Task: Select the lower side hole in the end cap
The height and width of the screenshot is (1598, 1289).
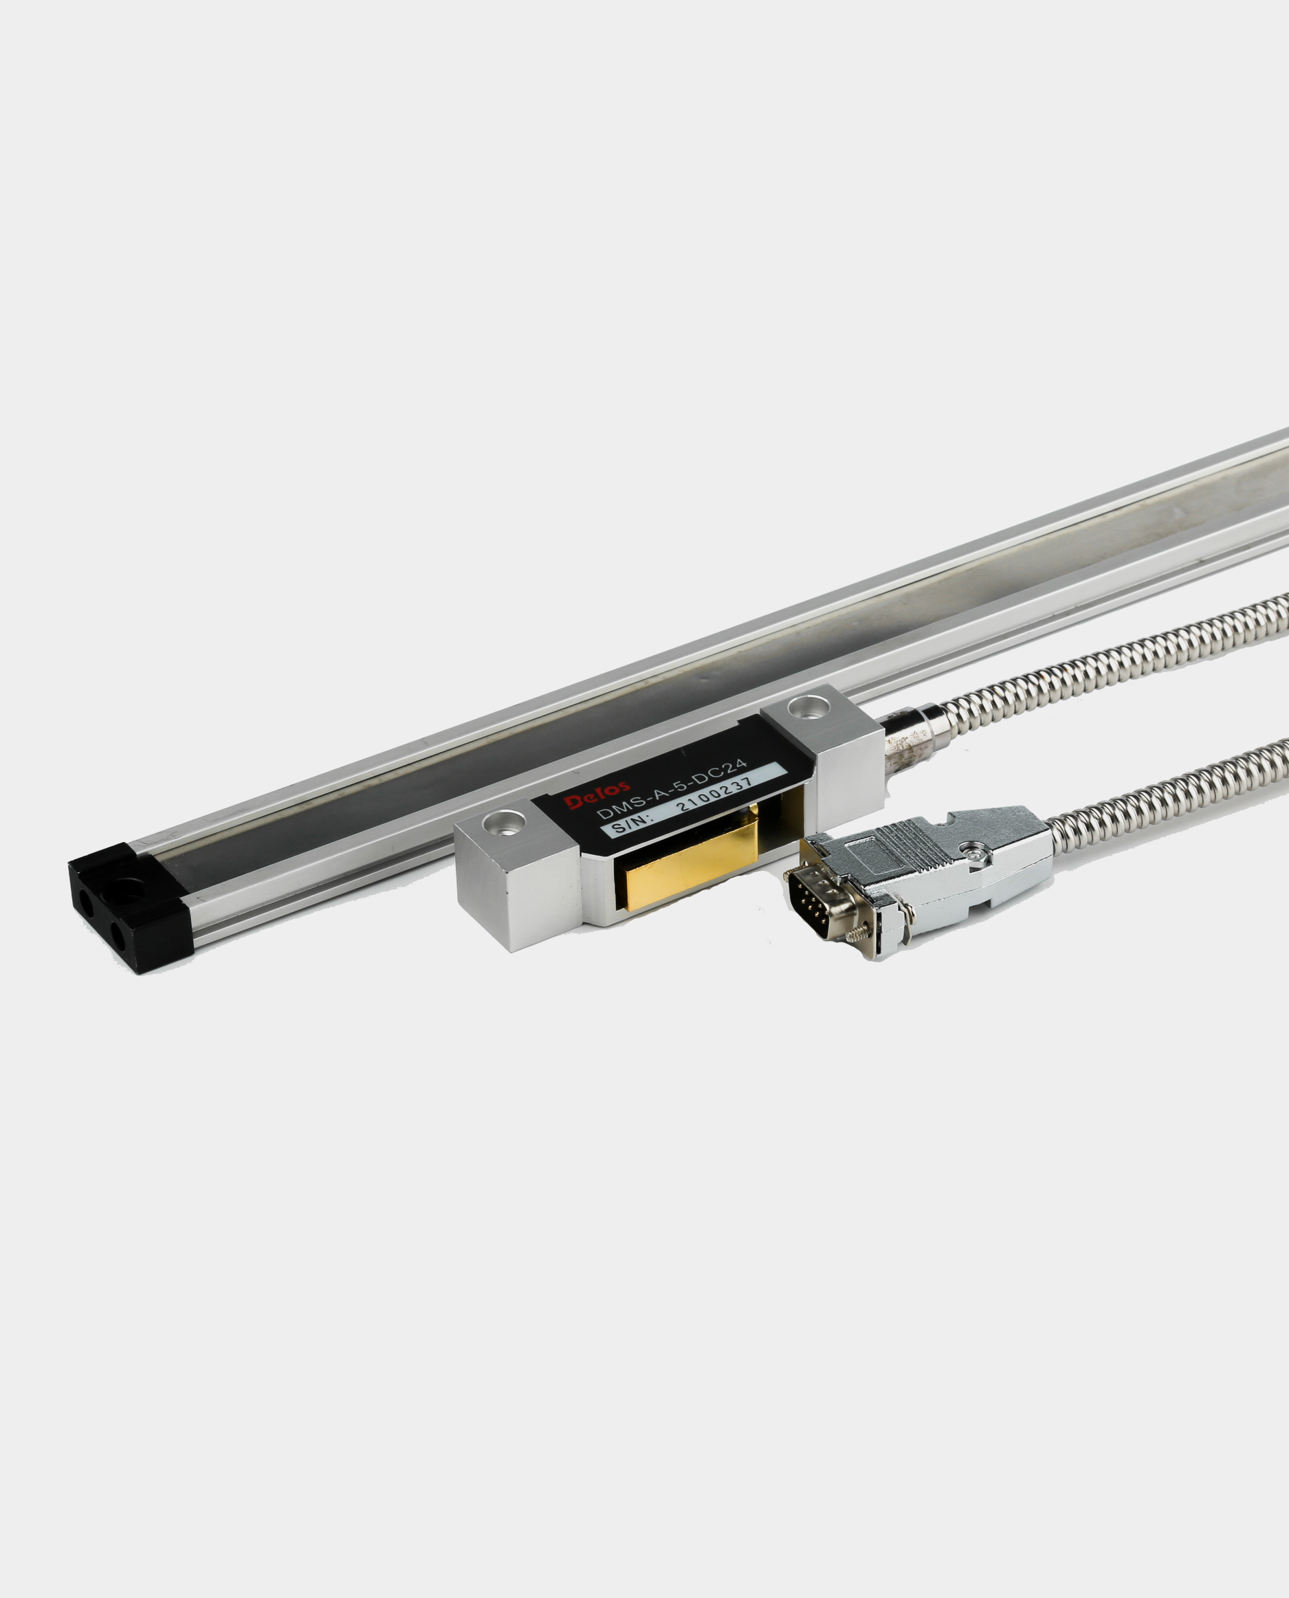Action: [117, 938]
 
